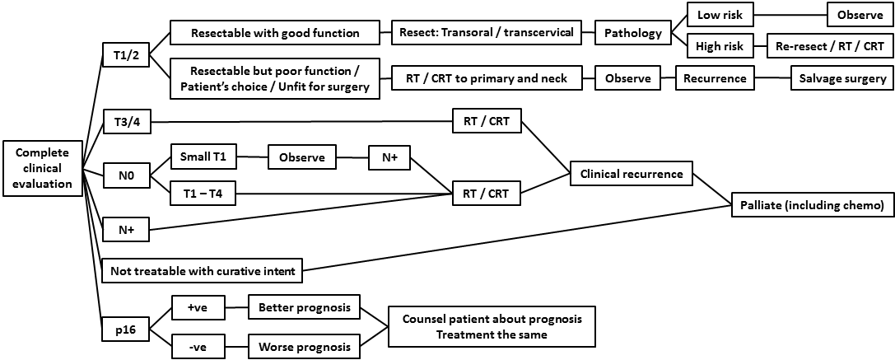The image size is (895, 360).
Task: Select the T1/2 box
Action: tap(125, 55)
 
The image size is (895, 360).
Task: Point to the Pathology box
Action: tap(632, 34)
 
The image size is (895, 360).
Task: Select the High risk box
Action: tap(719, 45)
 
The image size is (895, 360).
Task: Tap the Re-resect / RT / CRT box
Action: tap(829, 45)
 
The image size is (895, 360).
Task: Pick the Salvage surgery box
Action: tap(841, 79)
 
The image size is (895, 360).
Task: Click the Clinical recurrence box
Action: tap(632, 174)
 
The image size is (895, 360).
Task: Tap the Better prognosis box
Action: tap(305, 309)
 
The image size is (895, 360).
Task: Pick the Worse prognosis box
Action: tap(305, 347)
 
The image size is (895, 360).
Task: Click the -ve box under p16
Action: tap(197, 347)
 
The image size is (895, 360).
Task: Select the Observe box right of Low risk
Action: tap(860, 15)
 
